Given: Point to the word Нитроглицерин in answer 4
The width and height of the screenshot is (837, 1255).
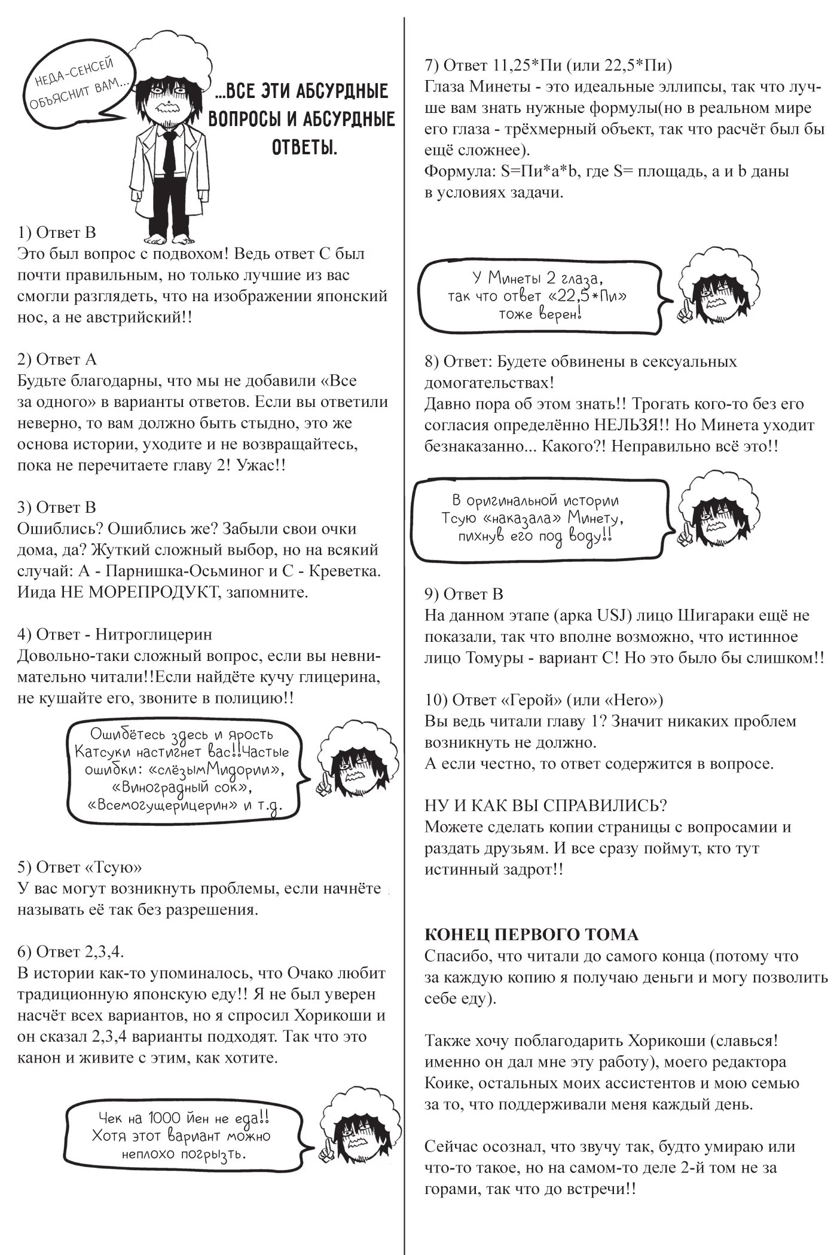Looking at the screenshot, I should click(154, 634).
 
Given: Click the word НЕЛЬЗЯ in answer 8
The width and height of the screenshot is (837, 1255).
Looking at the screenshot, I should click(628, 425).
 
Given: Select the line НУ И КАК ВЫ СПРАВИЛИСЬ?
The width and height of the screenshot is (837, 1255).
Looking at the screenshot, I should click(546, 805).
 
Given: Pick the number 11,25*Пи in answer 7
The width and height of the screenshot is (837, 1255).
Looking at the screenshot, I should click(521, 65).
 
